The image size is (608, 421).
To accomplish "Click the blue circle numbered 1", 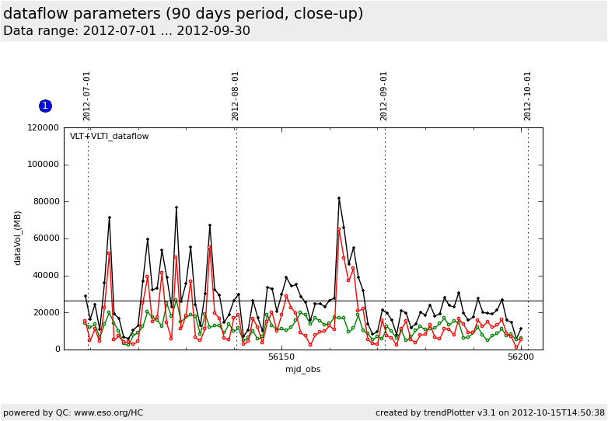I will point(45,106).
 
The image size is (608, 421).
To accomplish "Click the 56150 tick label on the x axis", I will point(281,357).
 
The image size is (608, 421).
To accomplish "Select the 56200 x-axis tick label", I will point(521,357).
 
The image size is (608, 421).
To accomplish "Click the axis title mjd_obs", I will point(302,369).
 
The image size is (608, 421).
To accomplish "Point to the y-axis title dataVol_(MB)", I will point(18,238).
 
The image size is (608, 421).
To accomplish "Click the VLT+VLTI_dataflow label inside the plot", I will point(109,137).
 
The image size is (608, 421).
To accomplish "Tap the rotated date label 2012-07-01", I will point(87,96).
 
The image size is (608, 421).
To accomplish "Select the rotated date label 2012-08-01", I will point(236,96).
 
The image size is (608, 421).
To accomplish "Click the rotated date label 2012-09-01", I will point(384,96).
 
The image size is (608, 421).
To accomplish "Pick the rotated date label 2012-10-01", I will point(528,96).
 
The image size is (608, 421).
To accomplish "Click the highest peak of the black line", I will point(339,198).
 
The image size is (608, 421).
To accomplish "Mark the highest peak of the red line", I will point(339,229).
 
